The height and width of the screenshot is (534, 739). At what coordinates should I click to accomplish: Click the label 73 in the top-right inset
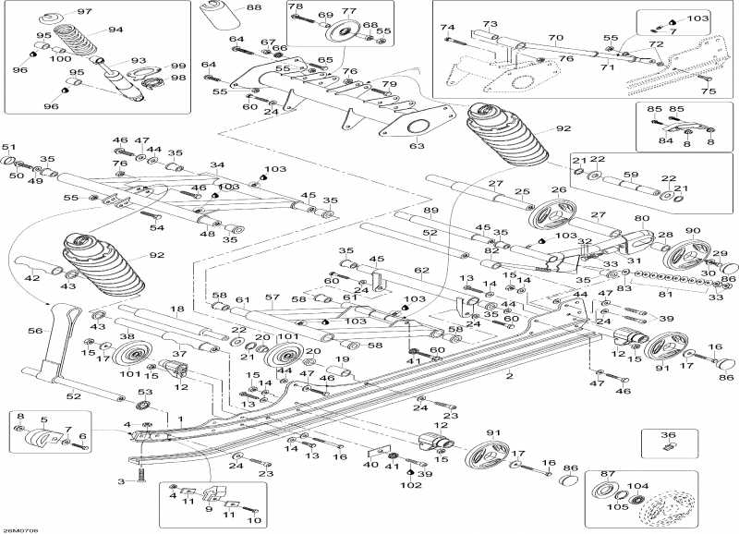pyautogui.click(x=490, y=24)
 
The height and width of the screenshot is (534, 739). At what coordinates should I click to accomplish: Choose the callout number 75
pyautogui.click(x=708, y=91)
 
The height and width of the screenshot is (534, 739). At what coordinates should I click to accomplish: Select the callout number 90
pyautogui.click(x=692, y=230)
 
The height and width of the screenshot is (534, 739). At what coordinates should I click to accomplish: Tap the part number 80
pyautogui.click(x=641, y=219)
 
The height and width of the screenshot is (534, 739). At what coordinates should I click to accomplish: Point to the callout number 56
pyautogui.click(x=36, y=329)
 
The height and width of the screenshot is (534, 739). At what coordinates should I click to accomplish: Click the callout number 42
pyautogui.click(x=31, y=278)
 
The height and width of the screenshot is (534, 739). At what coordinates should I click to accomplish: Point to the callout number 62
pyautogui.click(x=421, y=271)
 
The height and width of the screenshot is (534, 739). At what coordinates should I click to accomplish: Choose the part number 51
pyautogui.click(x=9, y=148)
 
